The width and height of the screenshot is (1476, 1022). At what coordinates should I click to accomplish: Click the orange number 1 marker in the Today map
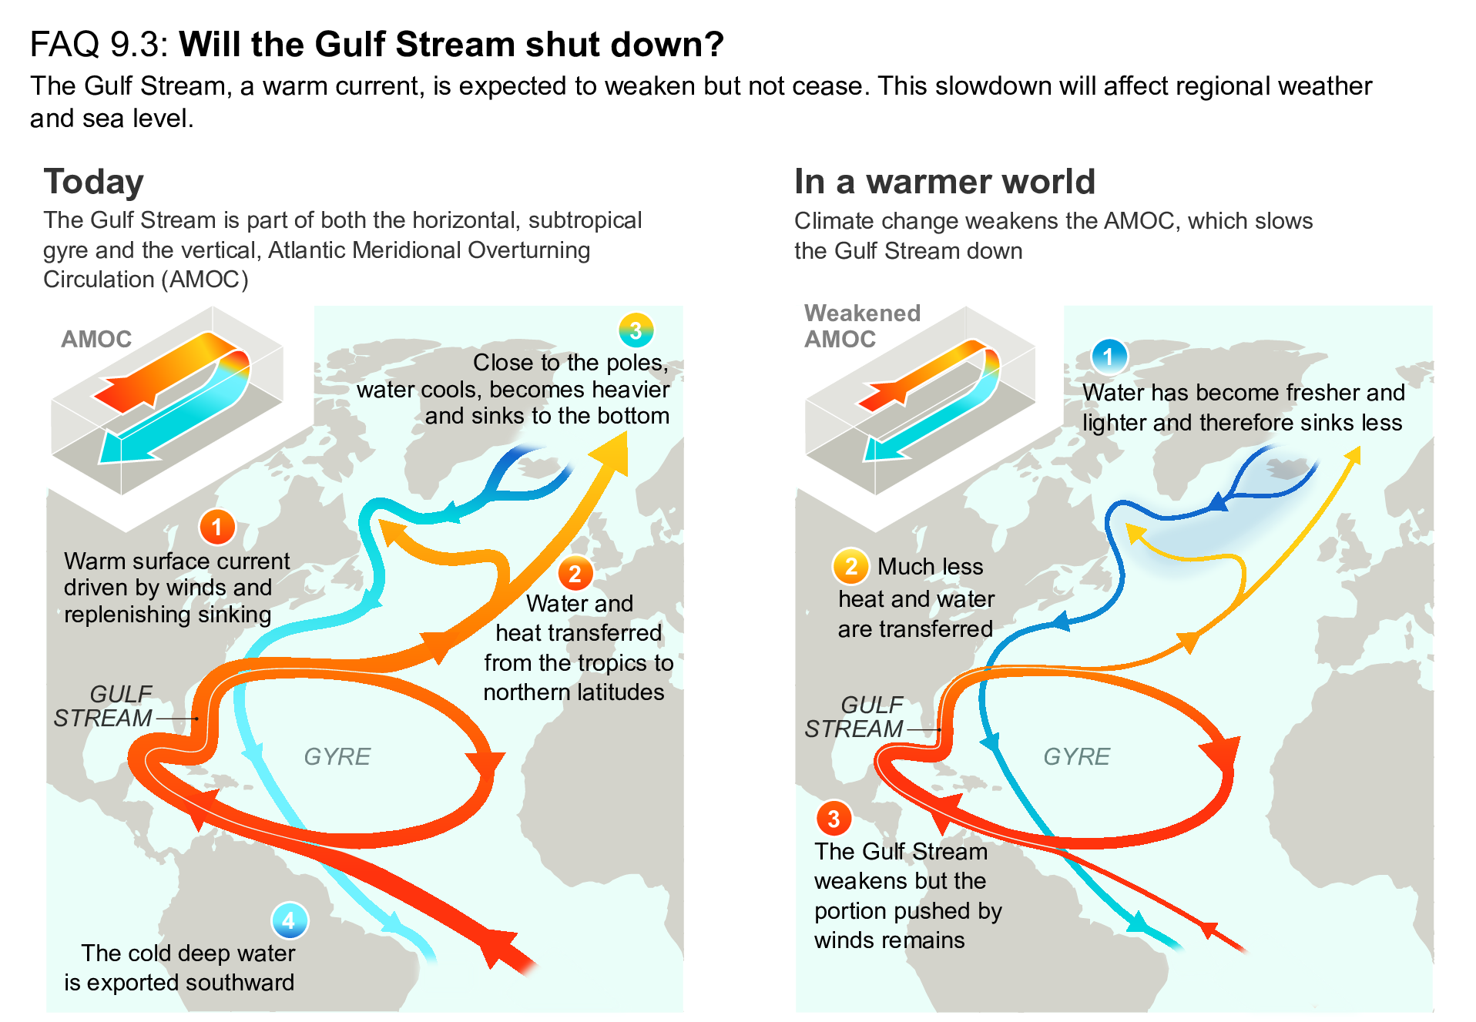tap(217, 528)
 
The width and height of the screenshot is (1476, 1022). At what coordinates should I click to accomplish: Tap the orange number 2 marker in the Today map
tap(575, 574)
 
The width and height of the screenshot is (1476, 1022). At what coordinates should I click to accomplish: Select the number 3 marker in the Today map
tap(636, 330)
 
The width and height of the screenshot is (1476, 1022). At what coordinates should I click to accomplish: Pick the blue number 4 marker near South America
tap(289, 920)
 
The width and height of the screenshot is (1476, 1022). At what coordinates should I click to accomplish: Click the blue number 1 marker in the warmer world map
tap(1109, 357)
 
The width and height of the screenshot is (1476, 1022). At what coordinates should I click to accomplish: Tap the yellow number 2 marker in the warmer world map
tap(850, 567)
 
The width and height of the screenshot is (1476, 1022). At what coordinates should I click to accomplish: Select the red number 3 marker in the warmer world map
tap(834, 819)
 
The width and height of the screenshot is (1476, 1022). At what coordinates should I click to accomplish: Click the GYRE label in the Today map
tap(337, 756)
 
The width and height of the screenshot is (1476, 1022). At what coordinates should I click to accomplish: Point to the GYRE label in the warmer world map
tap(1076, 756)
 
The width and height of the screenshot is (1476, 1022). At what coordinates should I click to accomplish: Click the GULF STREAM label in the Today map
tap(103, 706)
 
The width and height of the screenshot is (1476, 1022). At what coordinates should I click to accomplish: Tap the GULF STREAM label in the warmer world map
tap(854, 717)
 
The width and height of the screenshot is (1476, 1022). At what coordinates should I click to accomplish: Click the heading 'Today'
tap(93, 182)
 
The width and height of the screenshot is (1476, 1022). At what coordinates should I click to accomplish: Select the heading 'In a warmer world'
tap(944, 182)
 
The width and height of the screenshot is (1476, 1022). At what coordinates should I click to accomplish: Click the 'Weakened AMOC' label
tap(861, 326)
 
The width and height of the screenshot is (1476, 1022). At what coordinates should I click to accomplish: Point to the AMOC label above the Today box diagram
tap(96, 339)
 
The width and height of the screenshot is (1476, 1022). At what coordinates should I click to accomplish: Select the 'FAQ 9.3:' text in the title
tap(99, 45)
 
